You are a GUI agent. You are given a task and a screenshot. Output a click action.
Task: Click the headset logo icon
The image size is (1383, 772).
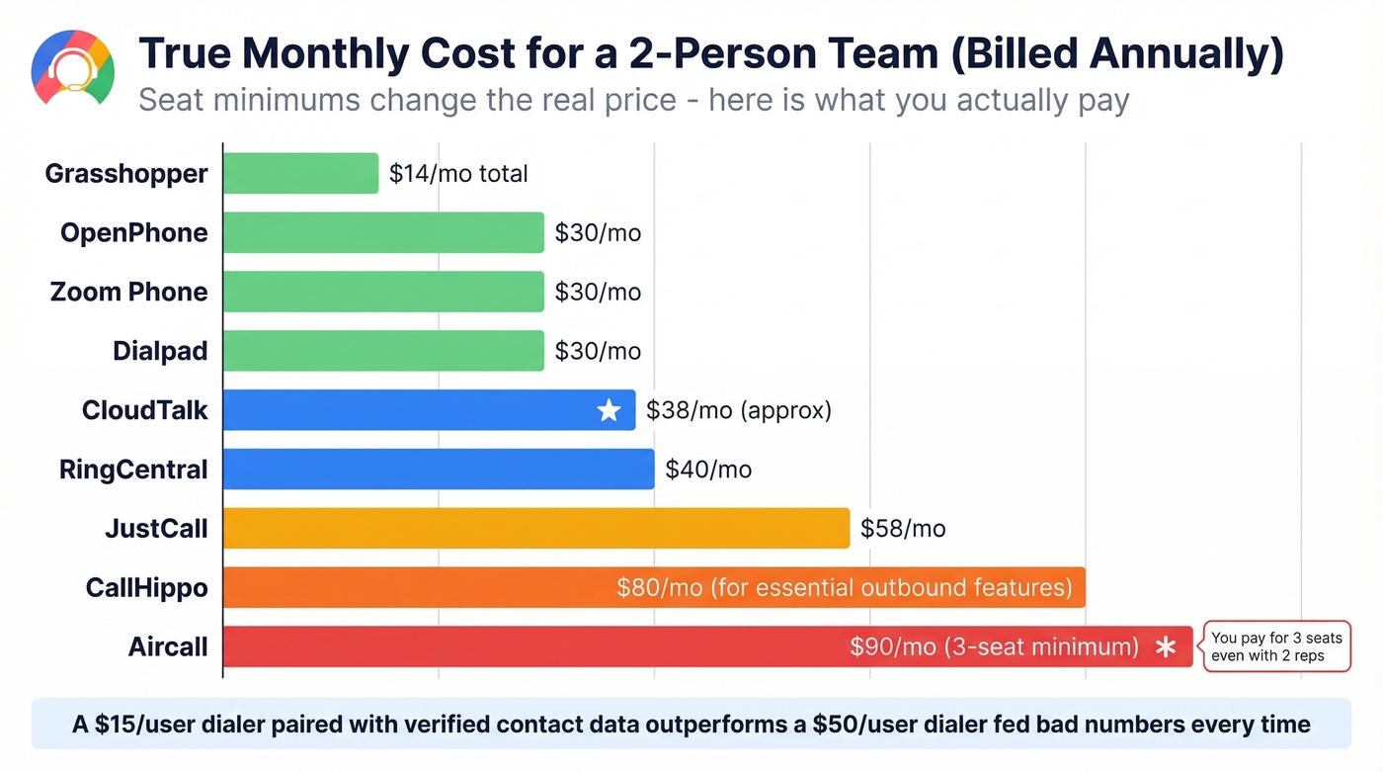(72, 68)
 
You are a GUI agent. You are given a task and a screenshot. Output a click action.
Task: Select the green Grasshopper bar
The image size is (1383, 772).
(300, 173)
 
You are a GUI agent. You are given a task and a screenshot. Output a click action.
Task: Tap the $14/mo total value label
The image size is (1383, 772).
(458, 174)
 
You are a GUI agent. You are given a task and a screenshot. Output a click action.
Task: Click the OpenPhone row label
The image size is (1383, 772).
(134, 232)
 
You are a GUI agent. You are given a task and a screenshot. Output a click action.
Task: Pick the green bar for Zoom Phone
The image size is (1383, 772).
(383, 292)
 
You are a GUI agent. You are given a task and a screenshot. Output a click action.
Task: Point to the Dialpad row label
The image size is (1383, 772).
(160, 351)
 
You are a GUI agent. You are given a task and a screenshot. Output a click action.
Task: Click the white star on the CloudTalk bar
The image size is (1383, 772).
(609, 410)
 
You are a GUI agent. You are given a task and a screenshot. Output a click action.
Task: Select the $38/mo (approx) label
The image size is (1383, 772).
(738, 410)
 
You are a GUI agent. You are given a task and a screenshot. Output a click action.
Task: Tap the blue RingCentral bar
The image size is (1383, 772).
(439, 470)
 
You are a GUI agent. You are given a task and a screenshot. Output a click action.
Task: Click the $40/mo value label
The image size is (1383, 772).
(708, 470)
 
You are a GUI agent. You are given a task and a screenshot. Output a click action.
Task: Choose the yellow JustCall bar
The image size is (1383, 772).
(536, 529)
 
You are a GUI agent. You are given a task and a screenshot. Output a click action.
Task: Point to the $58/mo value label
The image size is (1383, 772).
(903, 529)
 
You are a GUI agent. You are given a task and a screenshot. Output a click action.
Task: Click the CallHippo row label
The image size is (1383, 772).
(147, 588)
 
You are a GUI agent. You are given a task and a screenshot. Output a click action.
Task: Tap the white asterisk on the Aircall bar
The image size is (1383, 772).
(1166, 647)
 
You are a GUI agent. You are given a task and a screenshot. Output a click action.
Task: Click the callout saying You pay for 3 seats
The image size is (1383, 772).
(1275, 647)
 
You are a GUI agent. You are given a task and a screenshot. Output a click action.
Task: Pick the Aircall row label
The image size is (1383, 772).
(168, 647)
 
